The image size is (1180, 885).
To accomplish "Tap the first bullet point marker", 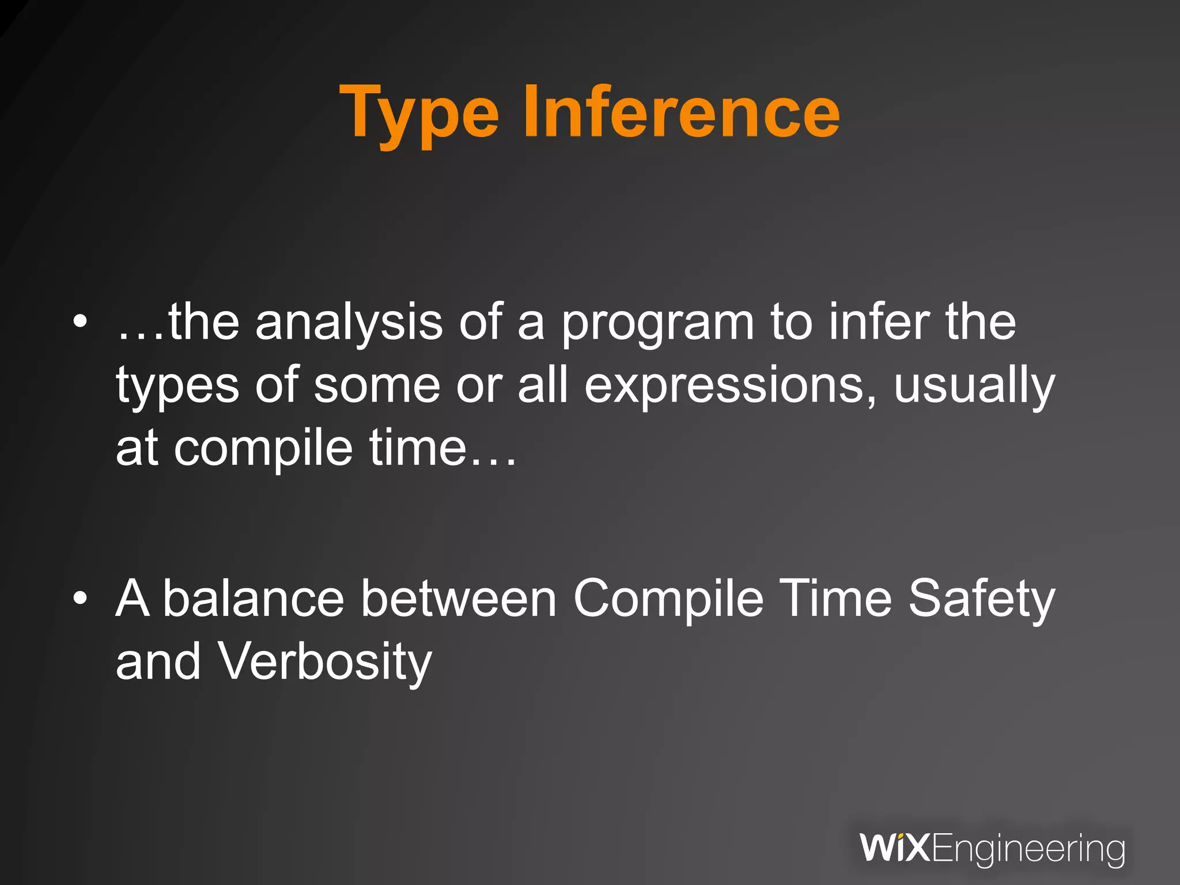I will (x=81, y=321).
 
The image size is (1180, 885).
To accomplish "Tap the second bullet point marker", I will (x=81, y=599).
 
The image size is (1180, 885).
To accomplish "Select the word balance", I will (x=254, y=599).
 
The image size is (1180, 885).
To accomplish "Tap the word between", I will (x=459, y=599).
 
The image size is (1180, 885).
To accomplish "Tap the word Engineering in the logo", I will (x=1028, y=849).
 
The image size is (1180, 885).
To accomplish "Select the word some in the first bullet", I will (x=377, y=386).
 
